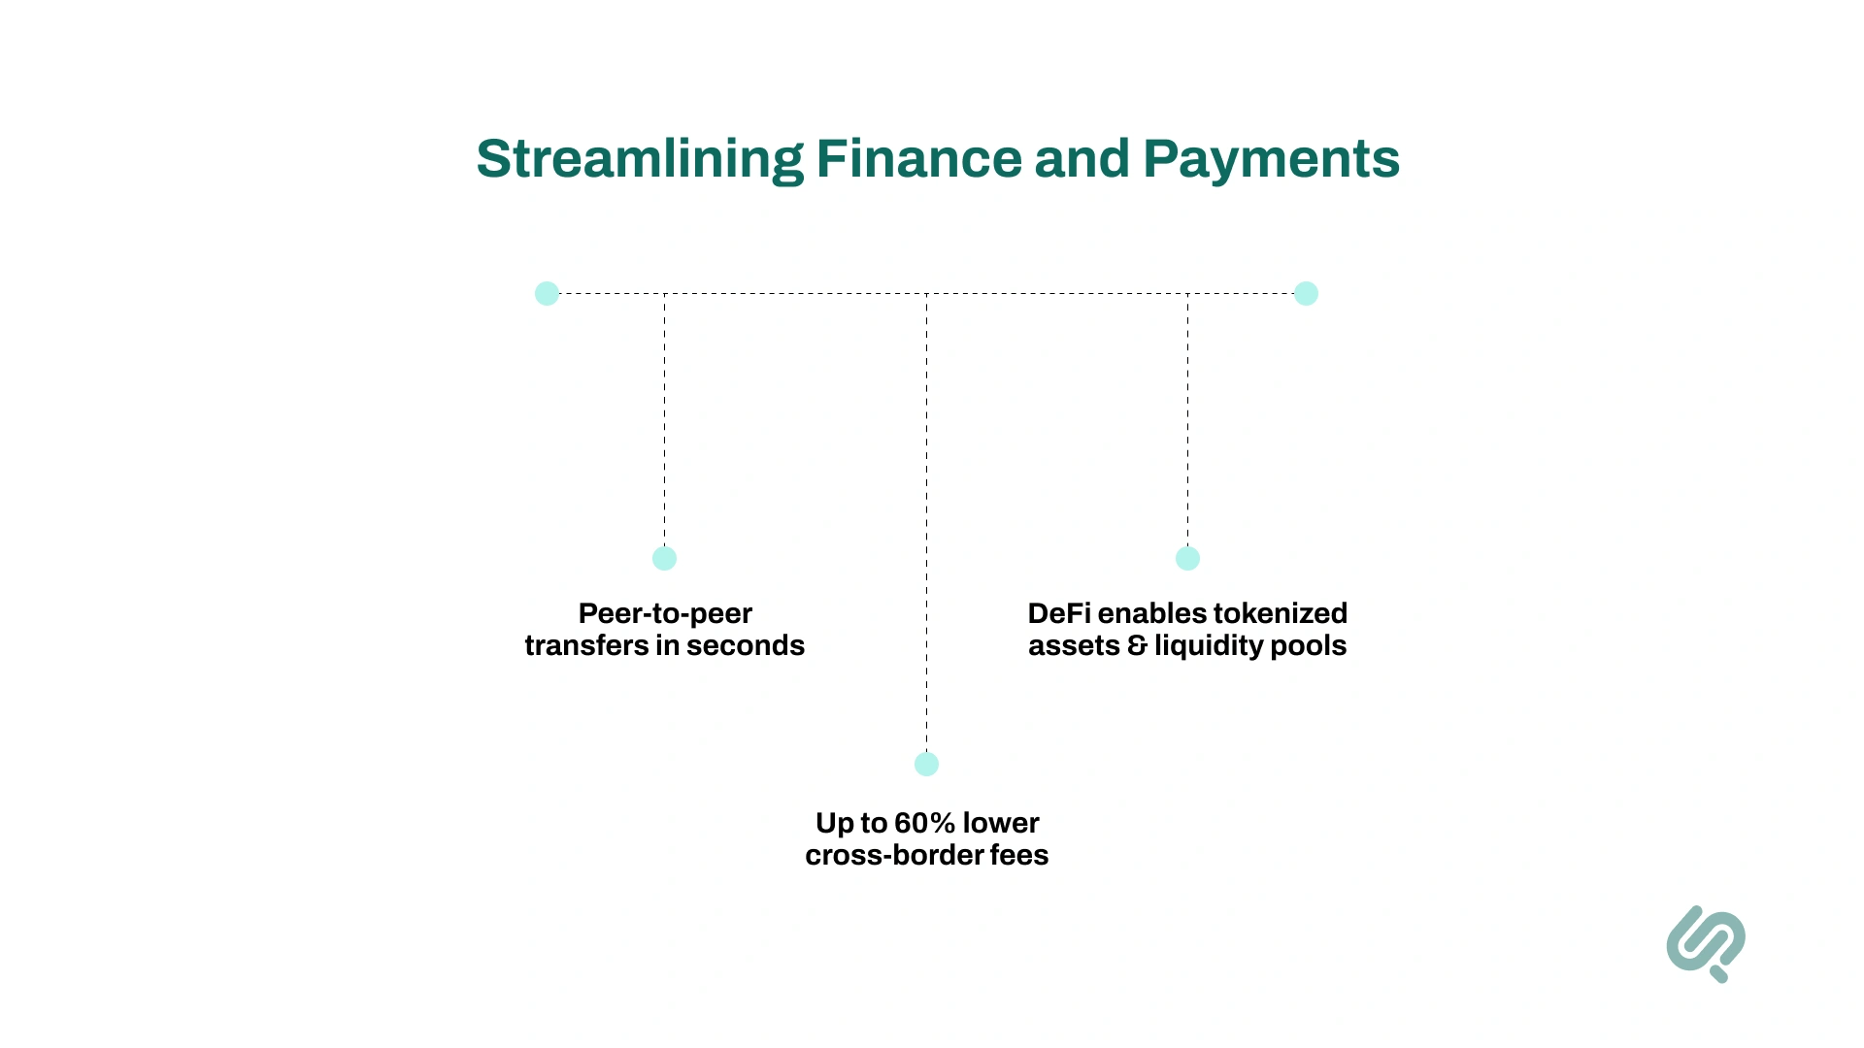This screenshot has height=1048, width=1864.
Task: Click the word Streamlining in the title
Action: tap(640, 159)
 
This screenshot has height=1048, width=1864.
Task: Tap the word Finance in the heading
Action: tap(918, 159)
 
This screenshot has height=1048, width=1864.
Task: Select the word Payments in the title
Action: tap(1271, 159)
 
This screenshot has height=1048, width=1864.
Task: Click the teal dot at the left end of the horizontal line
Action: tap(547, 293)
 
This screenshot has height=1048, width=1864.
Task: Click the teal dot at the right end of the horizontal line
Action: tap(1306, 293)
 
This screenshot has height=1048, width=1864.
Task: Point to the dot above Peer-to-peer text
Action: tap(664, 558)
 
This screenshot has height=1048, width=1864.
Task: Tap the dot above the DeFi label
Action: tap(1187, 558)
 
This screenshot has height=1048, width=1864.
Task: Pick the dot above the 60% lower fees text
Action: tap(926, 764)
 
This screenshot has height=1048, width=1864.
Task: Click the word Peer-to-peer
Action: tap(665, 613)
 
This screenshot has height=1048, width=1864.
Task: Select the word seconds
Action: tap(746, 645)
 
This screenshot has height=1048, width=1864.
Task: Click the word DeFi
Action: tap(1058, 613)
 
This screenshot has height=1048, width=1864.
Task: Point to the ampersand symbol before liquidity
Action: tap(1137, 645)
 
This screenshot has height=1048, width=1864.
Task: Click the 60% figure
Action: tap(925, 823)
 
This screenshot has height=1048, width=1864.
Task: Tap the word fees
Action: tap(1019, 855)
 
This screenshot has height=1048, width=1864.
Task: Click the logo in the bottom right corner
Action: tap(1706, 943)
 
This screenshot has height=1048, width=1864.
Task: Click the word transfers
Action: tap(585, 645)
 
